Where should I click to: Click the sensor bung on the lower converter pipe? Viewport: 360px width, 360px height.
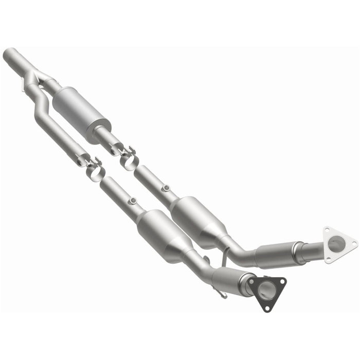133,201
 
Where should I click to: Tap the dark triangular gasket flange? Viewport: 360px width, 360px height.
266,292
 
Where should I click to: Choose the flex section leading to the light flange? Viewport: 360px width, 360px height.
275,254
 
